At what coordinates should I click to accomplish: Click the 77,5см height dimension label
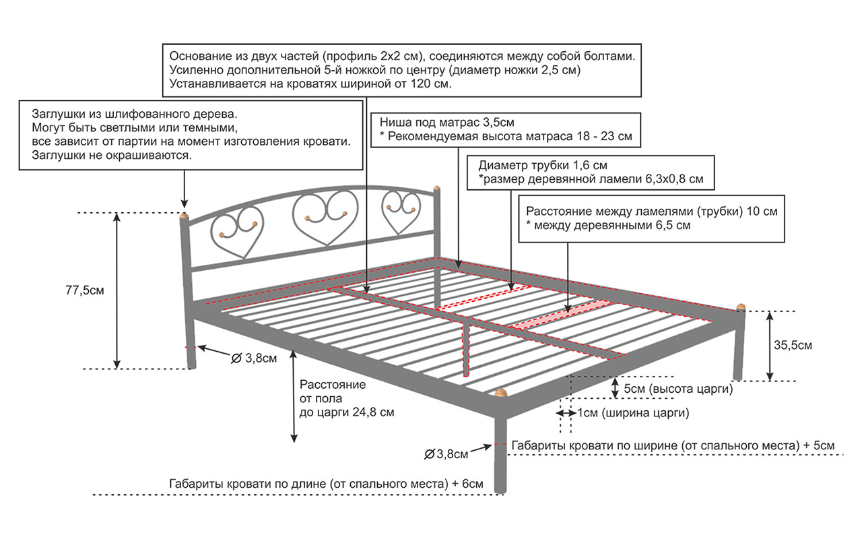tap(86, 290)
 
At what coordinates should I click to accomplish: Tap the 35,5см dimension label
tap(793, 346)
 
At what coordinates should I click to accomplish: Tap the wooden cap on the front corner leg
tap(500, 392)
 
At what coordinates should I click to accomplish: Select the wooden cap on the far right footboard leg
tap(740, 307)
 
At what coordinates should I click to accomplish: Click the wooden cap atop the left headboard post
tap(184, 216)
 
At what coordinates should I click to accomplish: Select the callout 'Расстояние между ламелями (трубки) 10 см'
tap(652, 218)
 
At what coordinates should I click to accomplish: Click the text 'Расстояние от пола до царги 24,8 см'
tap(346, 398)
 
